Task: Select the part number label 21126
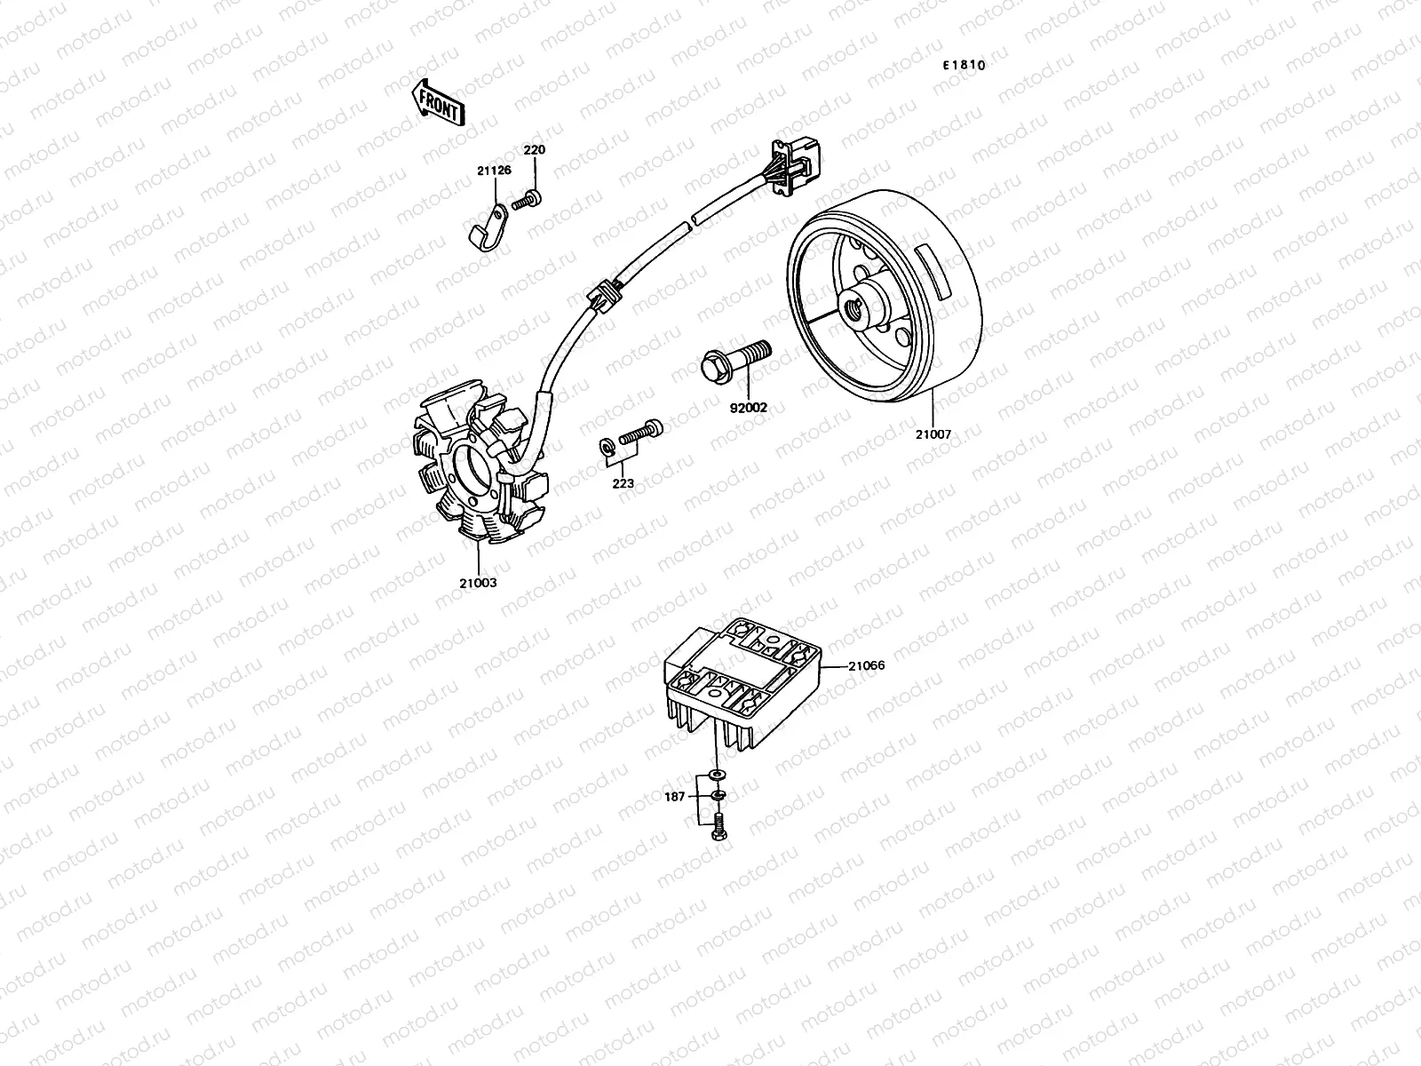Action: [x=493, y=170]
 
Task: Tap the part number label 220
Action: [x=534, y=150]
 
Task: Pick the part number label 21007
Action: [x=933, y=434]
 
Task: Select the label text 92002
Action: [x=749, y=408]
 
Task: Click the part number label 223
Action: [x=623, y=483]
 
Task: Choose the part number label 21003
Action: [x=478, y=583]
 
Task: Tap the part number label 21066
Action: [x=866, y=664]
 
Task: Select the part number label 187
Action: [x=675, y=797]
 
